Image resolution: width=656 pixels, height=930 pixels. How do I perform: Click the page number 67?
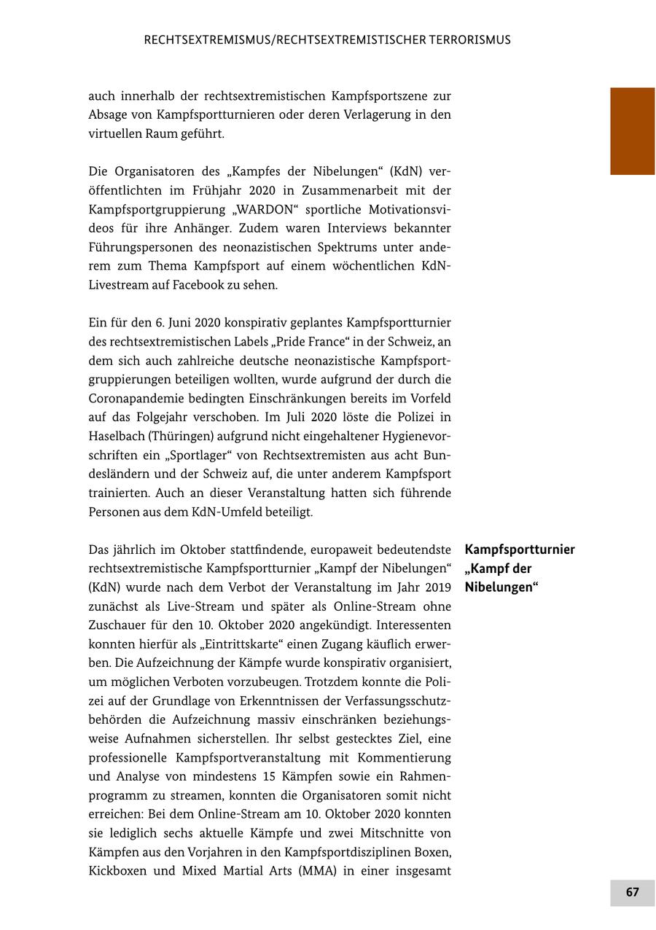pyautogui.click(x=632, y=892)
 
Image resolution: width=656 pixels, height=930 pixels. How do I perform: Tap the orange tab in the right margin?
pyautogui.click(x=632, y=131)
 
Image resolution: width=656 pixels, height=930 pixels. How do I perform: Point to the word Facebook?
pyautogui.click(x=196, y=285)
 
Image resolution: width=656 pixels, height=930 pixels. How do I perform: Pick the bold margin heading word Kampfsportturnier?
pyautogui.click(x=520, y=550)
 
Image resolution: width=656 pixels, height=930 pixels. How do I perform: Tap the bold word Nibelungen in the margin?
pyautogui.click(x=500, y=587)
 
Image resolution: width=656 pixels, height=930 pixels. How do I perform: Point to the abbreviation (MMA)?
pyautogui.click(x=317, y=871)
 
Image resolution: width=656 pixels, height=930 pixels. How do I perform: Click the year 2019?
pyautogui.click(x=436, y=587)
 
